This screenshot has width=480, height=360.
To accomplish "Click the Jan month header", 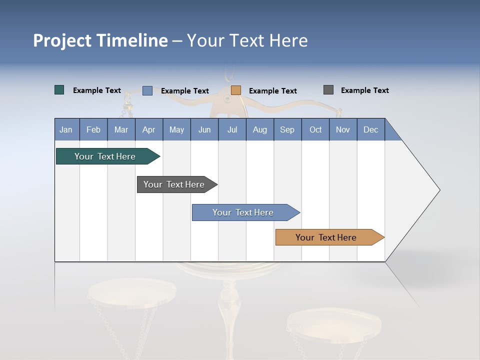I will pos(66,130).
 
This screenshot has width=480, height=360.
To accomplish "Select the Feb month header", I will pos(93,130).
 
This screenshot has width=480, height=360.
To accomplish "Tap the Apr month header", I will pos(148,130).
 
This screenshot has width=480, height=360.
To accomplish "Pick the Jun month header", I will pos(204,130).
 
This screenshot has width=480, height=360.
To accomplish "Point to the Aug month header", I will pos(259,130).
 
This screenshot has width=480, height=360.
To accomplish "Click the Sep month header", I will pos(287,130).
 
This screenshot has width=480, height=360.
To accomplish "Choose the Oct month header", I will pos(315,130).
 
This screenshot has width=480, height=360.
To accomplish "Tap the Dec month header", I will pos(370,130).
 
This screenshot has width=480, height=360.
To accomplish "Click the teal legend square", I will pos(59,90).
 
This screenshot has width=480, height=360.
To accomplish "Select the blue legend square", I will pos(147,90).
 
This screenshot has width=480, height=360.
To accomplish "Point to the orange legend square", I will pos(236,90).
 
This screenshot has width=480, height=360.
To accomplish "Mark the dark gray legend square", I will pos(328,90).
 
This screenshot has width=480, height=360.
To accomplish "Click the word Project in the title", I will pos(62,41).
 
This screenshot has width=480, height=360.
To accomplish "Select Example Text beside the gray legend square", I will pos(364,90).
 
